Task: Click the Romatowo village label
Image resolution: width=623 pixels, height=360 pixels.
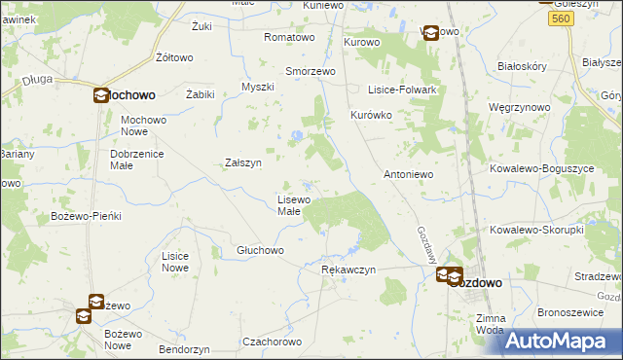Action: click(x=290, y=38)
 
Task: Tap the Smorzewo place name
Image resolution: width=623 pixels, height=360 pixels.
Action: click(x=310, y=72)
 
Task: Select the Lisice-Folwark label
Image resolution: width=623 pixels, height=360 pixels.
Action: click(x=400, y=90)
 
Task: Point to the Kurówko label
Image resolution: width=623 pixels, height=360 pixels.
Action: click(x=371, y=115)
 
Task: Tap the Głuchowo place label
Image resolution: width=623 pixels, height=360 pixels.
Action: click(x=260, y=250)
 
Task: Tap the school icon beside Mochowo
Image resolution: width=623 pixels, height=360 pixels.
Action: click(x=102, y=95)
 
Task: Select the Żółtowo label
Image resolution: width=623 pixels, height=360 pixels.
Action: click(x=174, y=57)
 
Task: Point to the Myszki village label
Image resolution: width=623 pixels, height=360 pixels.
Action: click(x=258, y=87)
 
